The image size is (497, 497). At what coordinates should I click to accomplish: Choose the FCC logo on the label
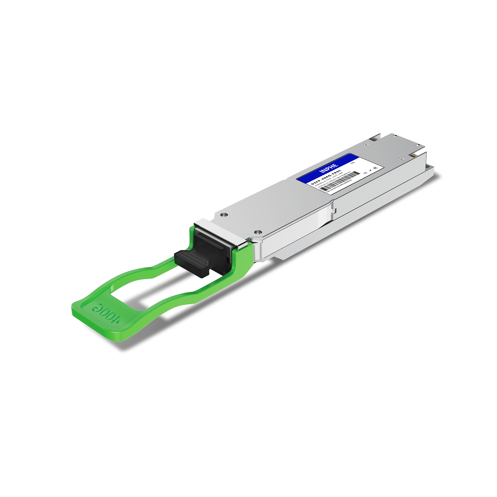click(376, 168)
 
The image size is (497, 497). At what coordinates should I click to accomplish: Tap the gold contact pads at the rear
click(414, 156)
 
